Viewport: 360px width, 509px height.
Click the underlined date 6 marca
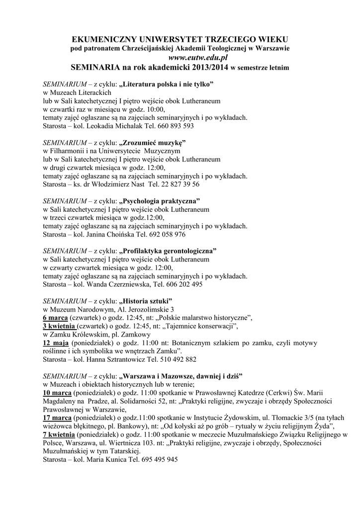coord(55,318)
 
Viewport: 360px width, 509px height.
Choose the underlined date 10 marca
coord(57,392)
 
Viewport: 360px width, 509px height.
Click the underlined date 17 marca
coord(57,418)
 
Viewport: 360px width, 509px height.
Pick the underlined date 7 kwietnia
coord(59,434)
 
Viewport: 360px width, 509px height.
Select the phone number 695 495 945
coord(157,460)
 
